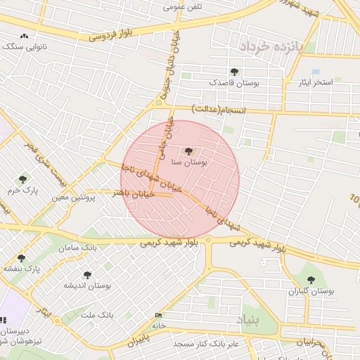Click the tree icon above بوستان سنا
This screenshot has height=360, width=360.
(x=188, y=150)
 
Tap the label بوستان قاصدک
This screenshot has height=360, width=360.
(x=233, y=83)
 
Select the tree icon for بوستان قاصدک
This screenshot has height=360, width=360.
(x=233, y=72)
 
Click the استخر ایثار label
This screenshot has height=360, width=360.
(x=321, y=82)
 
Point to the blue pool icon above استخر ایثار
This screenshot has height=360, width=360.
(x=316, y=72)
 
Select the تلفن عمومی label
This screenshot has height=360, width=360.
(x=183, y=7)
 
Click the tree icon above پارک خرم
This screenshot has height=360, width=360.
(x=22, y=180)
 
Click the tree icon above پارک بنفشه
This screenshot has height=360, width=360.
(x=20, y=258)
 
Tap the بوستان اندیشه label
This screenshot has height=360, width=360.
(x=88, y=285)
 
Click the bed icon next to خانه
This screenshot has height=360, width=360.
(x=158, y=316)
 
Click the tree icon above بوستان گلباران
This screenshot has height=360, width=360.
(x=311, y=280)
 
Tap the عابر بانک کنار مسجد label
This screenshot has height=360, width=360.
(x=191, y=343)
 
